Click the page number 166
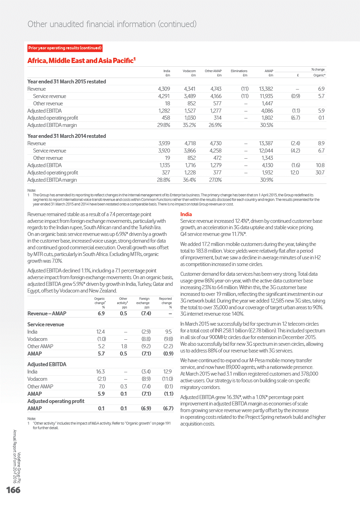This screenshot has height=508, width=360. coord(13,490)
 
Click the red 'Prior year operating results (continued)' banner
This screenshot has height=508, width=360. coord(65,48)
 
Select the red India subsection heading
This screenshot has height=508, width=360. coord(186,214)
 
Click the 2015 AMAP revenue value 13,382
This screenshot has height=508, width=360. coord(266,89)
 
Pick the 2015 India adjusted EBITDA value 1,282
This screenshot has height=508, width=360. coord(164,111)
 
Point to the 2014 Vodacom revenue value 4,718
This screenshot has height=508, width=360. coord(190,143)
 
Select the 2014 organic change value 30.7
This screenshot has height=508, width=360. coord(320,173)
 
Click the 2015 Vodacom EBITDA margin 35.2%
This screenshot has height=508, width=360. coord(189,125)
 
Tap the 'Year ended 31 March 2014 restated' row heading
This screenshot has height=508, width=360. coord(67,136)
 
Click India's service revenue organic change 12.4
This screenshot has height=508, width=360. coord(100,332)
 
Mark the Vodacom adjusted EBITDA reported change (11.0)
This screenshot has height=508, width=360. coord(167,379)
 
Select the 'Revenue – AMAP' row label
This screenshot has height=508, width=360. coord(47,314)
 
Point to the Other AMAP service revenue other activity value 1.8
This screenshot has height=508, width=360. coord(124,346)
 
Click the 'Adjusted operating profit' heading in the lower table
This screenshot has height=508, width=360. coord(56,401)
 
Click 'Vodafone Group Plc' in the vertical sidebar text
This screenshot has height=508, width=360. coord(19,468)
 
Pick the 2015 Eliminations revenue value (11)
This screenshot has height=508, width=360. coord(245,89)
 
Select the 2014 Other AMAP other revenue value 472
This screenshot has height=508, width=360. coord(217,158)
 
